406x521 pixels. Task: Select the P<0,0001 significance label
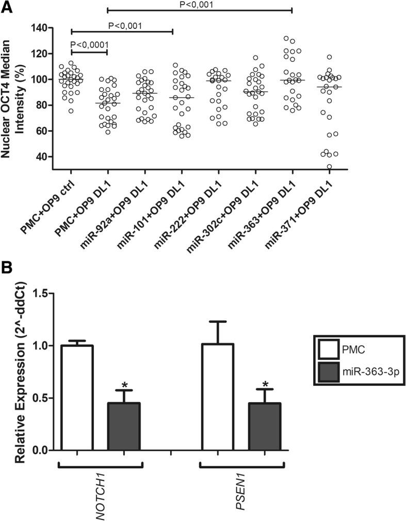point(89,44)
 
